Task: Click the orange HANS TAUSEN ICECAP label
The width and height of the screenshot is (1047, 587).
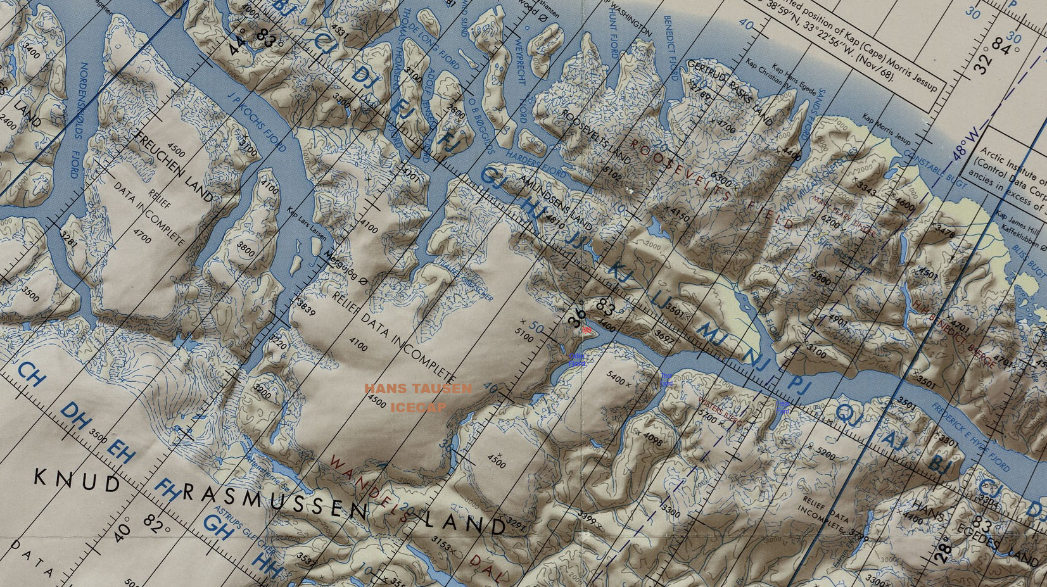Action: pos(418,398)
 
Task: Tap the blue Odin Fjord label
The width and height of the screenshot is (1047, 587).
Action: pos(576,360)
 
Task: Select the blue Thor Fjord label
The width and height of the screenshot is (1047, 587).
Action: pos(666,380)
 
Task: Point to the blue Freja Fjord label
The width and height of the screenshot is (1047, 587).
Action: pos(783,408)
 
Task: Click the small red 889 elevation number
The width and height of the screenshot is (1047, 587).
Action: pos(587,331)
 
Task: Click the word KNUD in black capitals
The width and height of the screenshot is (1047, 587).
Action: pos(77,481)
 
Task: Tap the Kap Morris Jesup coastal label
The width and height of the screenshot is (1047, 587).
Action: pos(885,129)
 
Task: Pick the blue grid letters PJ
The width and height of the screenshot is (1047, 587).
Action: pos(799,384)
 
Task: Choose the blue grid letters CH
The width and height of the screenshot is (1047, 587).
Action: pos(31,374)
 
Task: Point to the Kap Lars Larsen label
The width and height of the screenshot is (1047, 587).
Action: pos(307,224)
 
